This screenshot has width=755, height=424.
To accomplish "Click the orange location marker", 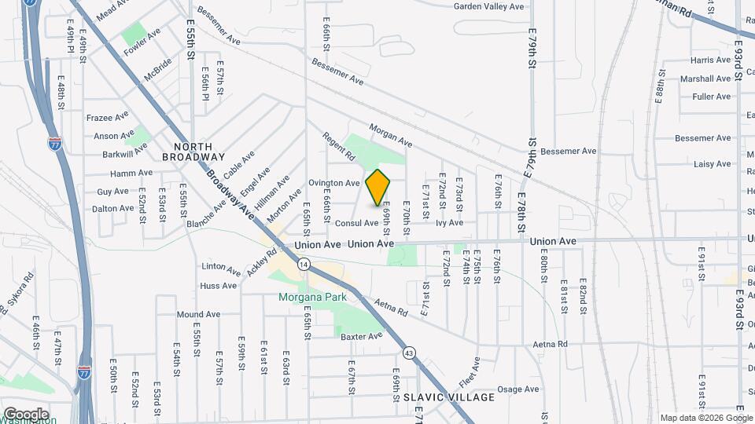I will tap(378, 188).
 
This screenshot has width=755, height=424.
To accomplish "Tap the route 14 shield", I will tap(304, 265).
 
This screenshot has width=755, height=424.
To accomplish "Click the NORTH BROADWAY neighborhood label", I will tap(193, 152).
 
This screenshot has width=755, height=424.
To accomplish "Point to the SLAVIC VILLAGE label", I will tap(449, 397).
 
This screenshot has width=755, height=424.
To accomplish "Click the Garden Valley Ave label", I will tap(488, 6).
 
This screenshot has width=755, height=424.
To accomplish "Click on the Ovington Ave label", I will tap(334, 183).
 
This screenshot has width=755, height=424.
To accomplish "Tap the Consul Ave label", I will tap(356, 223).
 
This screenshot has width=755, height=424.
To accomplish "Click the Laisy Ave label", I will tap(713, 164).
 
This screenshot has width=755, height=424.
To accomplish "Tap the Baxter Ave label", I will tap(361, 336).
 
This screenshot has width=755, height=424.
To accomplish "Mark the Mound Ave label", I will tap(197, 314).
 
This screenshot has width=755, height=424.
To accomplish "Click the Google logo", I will tap(26, 414).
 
